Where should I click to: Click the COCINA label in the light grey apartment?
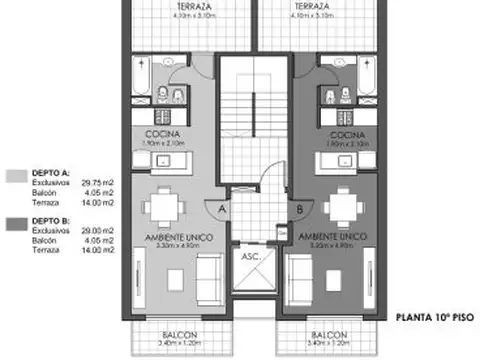(163, 134)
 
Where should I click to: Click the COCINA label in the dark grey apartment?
(344, 134)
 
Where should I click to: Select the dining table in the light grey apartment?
(161, 206)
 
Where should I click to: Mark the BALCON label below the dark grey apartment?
(329, 333)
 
